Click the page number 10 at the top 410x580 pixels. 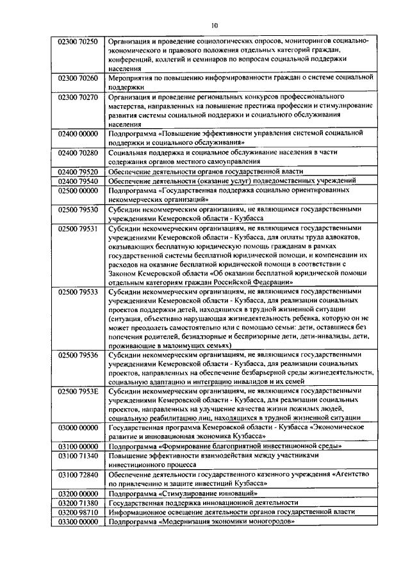click(x=213, y=24)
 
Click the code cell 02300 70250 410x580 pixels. click(x=78, y=42)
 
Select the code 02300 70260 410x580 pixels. click(x=78, y=78)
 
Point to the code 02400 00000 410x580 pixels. click(x=78, y=133)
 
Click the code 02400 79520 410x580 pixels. click(x=78, y=172)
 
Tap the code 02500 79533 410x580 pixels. click(x=78, y=291)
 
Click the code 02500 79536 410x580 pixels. click(x=78, y=354)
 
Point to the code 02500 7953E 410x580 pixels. click(x=78, y=390)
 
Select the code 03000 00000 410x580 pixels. click(x=78, y=426)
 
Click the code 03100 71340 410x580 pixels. click(x=78, y=455)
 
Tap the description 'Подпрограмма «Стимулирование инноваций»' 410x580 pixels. click(x=183, y=493)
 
